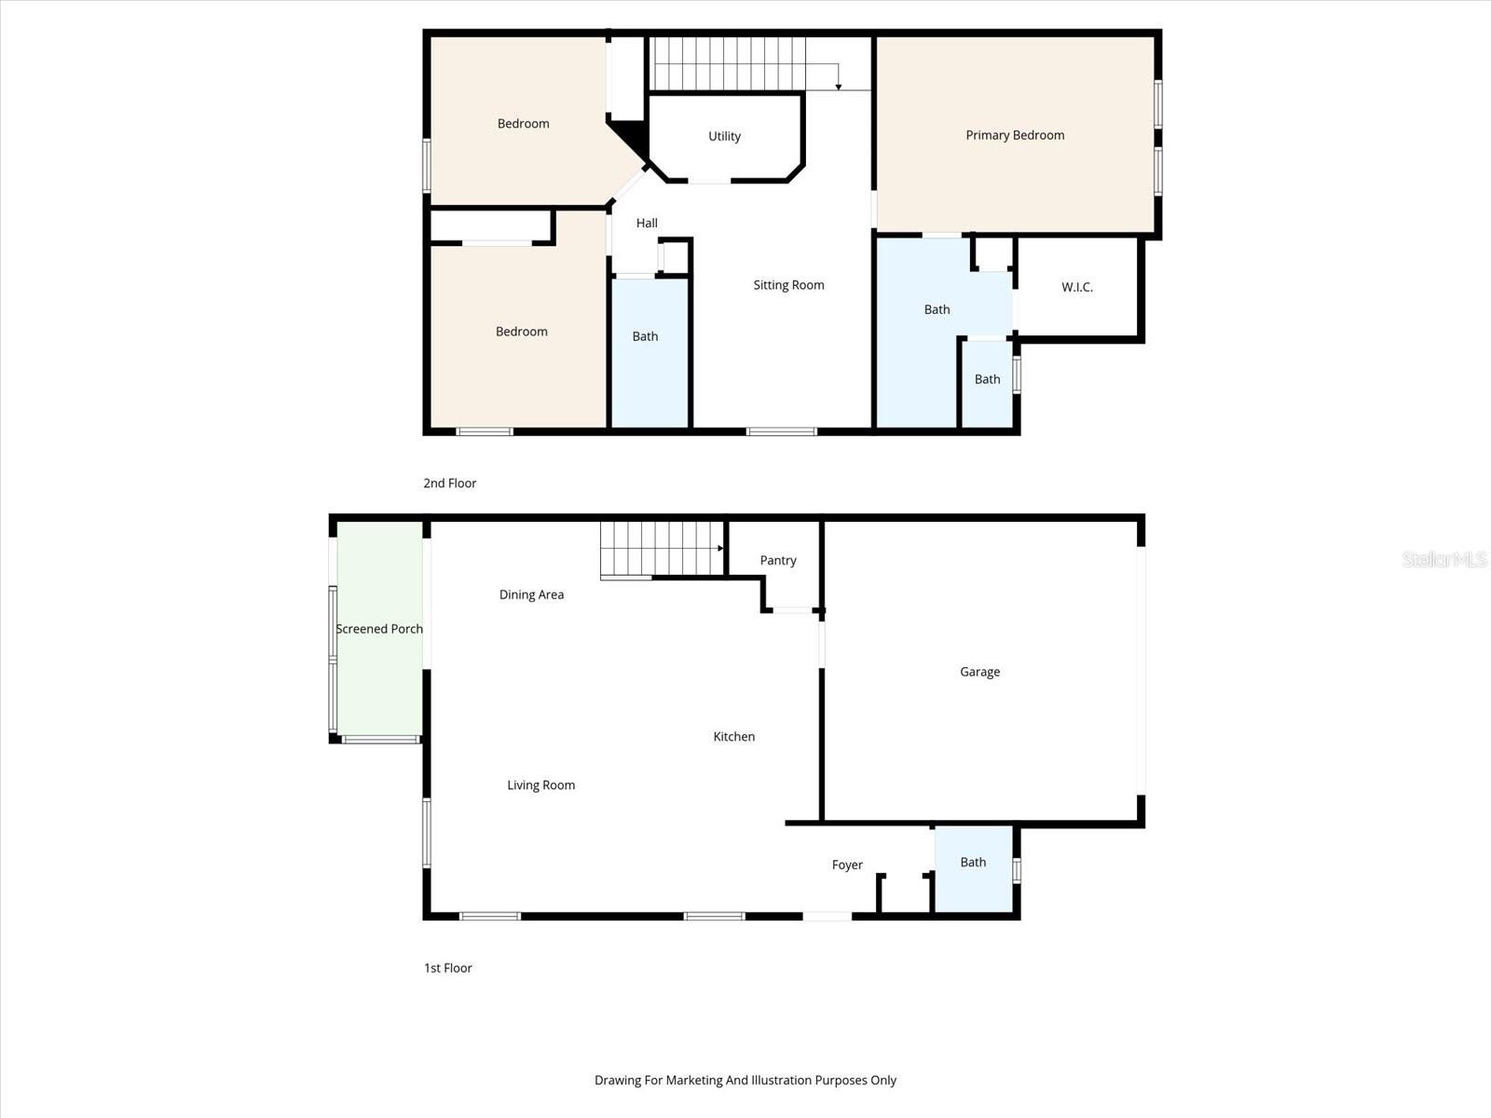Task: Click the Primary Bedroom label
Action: click(1015, 135)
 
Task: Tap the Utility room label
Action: click(724, 136)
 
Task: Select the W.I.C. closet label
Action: click(1076, 287)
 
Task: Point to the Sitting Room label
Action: click(788, 285)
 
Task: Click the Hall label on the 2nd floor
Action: click(647, 223)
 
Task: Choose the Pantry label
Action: click(778, 560)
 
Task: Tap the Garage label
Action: click(979, 672)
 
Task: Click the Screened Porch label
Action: click(379, 629)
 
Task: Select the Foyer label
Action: click(847, 865)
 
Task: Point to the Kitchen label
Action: click(733, 736)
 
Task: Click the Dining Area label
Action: click(531, 594)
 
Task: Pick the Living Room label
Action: click(540, 785)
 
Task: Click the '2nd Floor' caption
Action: click(449, 483)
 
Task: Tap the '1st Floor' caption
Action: click(447, 968)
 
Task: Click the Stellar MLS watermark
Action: click(1444, 559)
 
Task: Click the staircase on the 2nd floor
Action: click(727, 63)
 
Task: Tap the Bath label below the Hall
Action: click(645, 336)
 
